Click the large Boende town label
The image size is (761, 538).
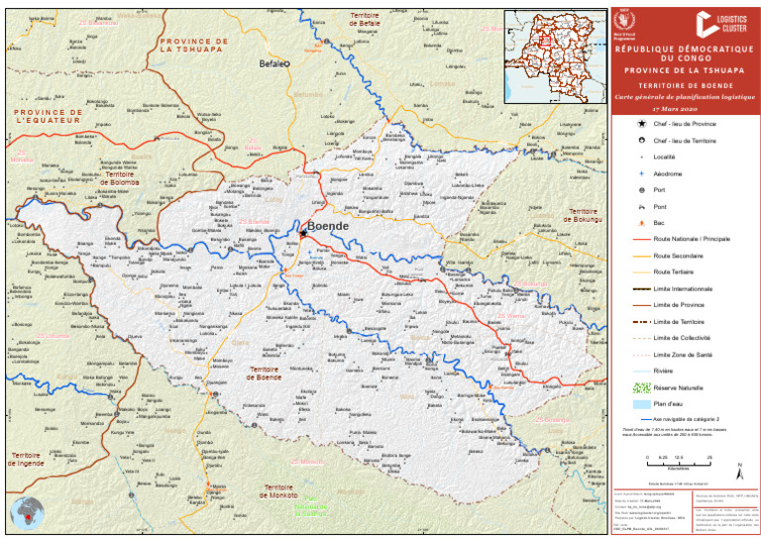(329, 227)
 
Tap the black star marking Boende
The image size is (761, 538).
(303, 234)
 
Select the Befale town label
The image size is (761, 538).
(272, 63)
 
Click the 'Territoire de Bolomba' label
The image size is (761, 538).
(118, 178)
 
